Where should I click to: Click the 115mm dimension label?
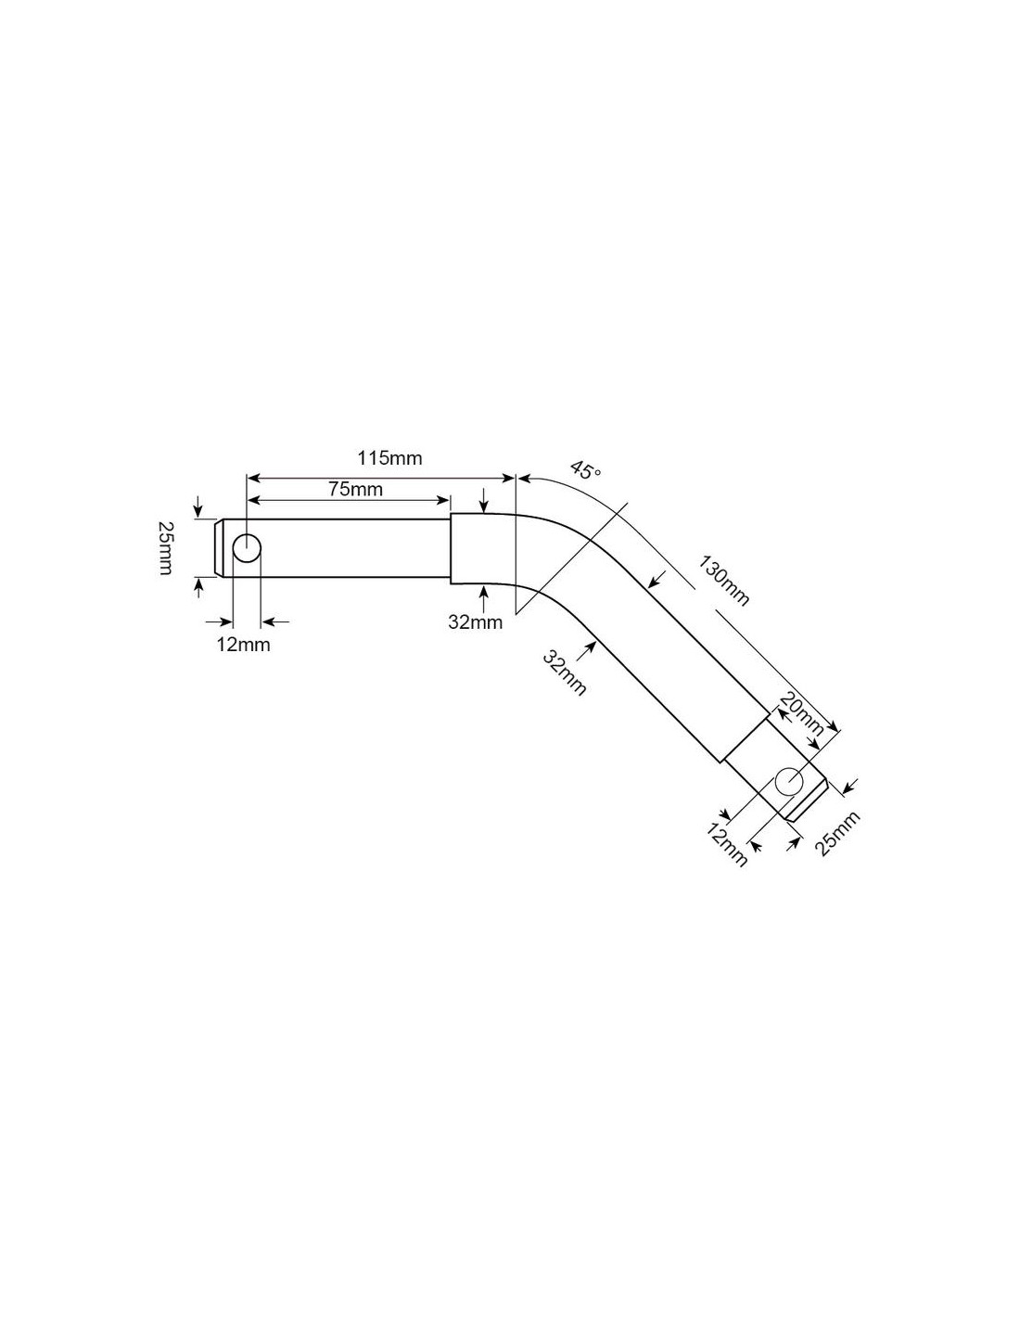389,458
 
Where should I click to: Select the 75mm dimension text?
355,489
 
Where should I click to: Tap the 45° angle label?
585,470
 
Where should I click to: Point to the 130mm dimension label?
723,581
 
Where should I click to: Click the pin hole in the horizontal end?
247,549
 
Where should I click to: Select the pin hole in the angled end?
789,781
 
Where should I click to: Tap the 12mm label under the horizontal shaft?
243,645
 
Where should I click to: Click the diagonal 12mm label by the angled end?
726,846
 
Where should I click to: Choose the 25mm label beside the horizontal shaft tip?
165,548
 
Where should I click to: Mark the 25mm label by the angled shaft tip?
840,833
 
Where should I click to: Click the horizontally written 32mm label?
475,622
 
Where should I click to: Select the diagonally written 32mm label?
565,672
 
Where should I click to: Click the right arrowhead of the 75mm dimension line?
443,500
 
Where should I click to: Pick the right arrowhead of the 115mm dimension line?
507,479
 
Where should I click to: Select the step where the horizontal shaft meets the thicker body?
451,549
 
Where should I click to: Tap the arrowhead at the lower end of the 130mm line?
834,727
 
